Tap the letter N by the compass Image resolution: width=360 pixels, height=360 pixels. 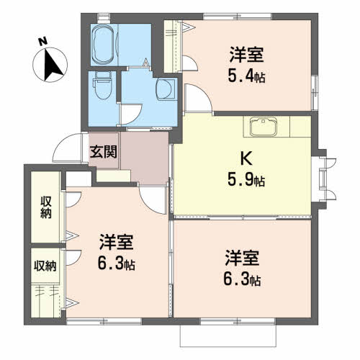(x=42, y=41)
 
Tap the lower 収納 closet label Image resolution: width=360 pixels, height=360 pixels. (x=45, y=266)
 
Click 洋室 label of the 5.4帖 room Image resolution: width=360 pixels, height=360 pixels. (x=246, y=54)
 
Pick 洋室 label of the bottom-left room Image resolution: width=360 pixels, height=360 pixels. (x=116, y=243)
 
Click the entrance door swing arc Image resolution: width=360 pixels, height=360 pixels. (x=69, y=146)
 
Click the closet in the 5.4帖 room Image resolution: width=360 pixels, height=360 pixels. (x=173, y=46)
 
